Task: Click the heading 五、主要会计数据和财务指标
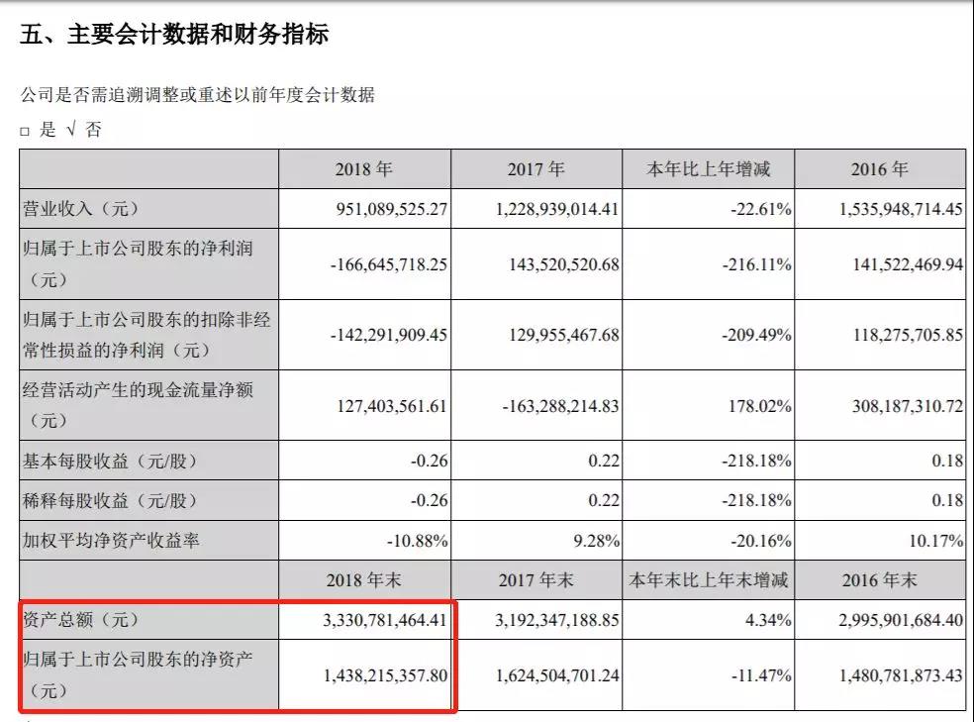[174, 34]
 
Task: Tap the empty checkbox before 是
[25, 131]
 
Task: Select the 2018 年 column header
[364, 169]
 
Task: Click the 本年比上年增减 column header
[708, 169]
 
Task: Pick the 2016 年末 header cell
[880, 580]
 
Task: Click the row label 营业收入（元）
[81, 209]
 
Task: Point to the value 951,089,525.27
[392, 209]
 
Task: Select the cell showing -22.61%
[761, 209]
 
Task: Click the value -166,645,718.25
[389, 264]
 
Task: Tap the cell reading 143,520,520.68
[564, 264]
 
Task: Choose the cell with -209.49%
[756, 335]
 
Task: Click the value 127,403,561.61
[392, 406]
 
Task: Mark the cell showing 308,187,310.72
[908, 406]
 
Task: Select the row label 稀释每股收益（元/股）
[110, 501]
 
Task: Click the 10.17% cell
[936, 541]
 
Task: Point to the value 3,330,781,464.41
[385, 620]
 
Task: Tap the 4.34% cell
[768, 620]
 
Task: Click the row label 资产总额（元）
[81, 620]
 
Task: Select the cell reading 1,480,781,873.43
[902, 675]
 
